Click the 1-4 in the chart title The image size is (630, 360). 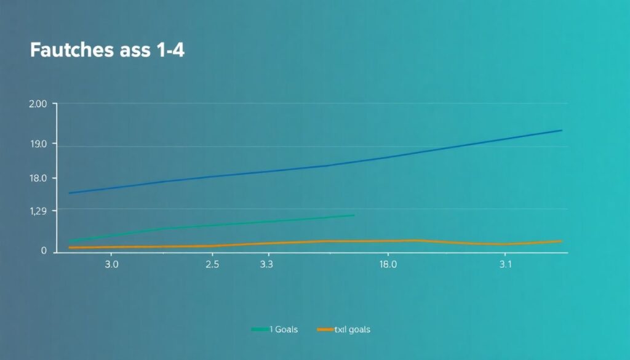pos(167,50)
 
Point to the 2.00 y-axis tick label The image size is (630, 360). pos(38,104)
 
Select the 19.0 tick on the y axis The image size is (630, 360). pos(38,144)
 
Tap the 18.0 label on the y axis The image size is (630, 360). pos(38,178)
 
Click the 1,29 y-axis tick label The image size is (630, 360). pos(38,211)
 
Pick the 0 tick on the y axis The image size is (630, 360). pos(44,251)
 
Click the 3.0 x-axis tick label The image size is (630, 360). pos(111,264)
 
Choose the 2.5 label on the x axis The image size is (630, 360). pos(212,264)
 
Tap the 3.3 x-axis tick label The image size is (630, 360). pos(266,264)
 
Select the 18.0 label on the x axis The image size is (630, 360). pos(388,264)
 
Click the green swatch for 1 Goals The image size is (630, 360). pos(260,330)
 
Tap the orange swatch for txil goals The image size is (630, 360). pos(325,330)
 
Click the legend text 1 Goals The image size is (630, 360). pos(284,330)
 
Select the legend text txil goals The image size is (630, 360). pos(353,330)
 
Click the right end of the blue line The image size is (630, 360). pos(562,130)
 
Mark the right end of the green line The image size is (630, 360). pos(354,215)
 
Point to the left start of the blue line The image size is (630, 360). pos(69,193)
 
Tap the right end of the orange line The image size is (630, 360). pos(562,241)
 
